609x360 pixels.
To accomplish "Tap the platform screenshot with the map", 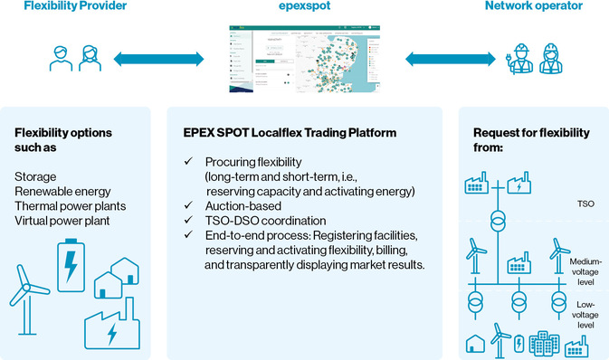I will pyautogui.click(x=303, y=59).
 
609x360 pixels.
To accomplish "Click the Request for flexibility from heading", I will pyautogui.click(x=524, y=139).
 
